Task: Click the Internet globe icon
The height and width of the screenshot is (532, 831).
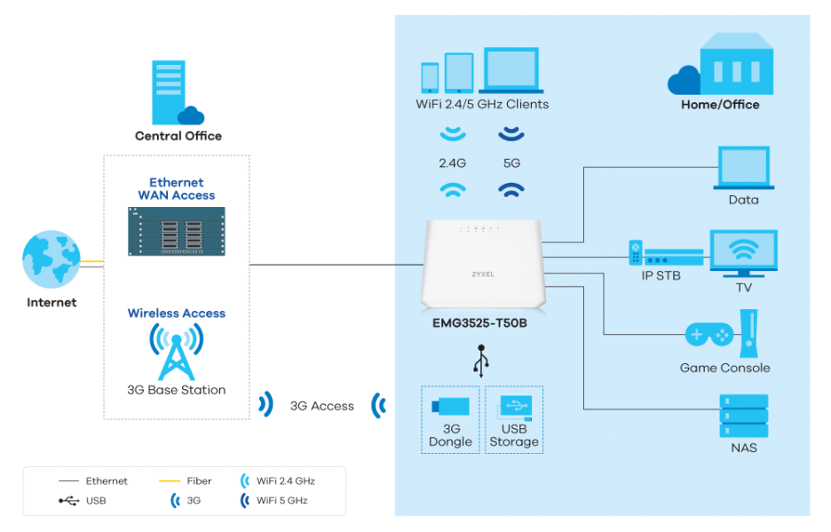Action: pyautogui.click(x=51, y=258)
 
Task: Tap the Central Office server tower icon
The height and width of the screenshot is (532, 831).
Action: pyautogui.click(x=169, y=92)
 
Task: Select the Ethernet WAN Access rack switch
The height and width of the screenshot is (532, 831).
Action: pyautogui.click(x=177, y=231)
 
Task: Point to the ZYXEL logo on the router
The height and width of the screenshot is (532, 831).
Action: pyautogui.click(x=483, y=274)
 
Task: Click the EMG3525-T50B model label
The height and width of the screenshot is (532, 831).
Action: pyautogui.click(x=479, y=323)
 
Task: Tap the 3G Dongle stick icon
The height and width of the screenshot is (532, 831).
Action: pyautogui.click(x=450, y=406)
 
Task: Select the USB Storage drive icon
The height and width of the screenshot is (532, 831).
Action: pyautogui.click(x=515, y=408)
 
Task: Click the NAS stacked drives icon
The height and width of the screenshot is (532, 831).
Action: pyautogui.click(x=744, y=416)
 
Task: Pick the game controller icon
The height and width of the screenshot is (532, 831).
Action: pyautogui.click(x=709, y=335)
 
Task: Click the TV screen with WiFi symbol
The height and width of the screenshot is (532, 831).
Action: pyautogui.click(x=744, y=253)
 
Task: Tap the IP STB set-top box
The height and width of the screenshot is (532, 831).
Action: pyautogui.click(x=666, y=254)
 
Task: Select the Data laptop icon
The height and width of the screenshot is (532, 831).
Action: pyautogui.click(x=744, y=168)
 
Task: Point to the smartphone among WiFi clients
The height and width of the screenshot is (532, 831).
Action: pyautogui.click(x=430, y=77)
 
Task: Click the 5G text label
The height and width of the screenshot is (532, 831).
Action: pyautogui.click(x=511, y=163)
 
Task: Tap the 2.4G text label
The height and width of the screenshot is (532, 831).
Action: pyautogui.click(x=452, y=163)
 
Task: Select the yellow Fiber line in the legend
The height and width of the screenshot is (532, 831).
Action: pyautogui.click(x=170, y=481)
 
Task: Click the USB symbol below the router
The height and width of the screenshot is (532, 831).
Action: pyautogui.click(x=481, y=361)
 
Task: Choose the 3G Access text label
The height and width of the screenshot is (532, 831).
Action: pyautogui.click(x=321, y=406)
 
